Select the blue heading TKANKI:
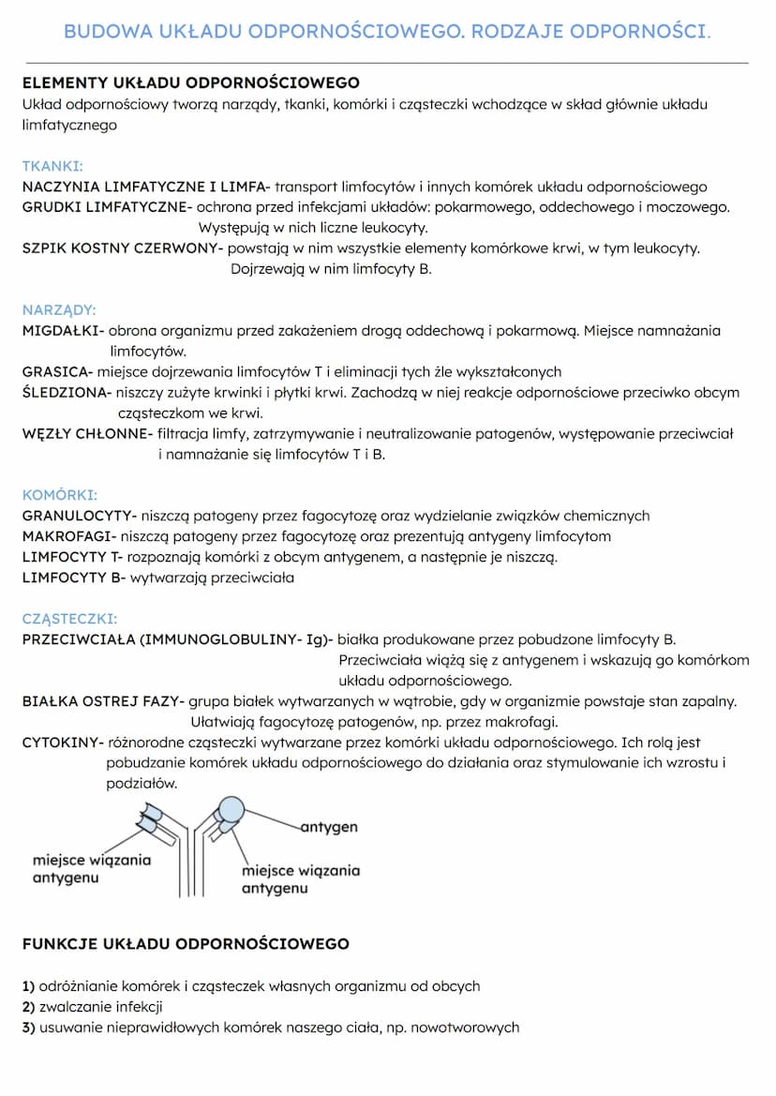(x=52, y=166)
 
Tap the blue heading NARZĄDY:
(x=58, y=310)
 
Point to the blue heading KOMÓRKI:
(x=59, y=495)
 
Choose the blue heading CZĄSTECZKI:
(x=69, y=619)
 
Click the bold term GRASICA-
(x=57, y=372)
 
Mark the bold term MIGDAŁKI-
(x=63, y=331)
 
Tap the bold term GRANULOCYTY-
(x=80, y=516)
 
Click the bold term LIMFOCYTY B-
(x=73, y=578)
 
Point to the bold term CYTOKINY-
(x=63, y=743)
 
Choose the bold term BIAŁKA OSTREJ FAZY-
(x=103, y=701)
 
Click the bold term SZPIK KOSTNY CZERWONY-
(x=123, y=248)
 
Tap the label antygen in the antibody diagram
(x=329, y=828)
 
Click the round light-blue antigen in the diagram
(x=231, y=808)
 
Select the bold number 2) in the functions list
(x=28, y=1007)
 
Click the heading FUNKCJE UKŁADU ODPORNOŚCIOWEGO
(x=186, y=944)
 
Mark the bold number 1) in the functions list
(x=28, y=986)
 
